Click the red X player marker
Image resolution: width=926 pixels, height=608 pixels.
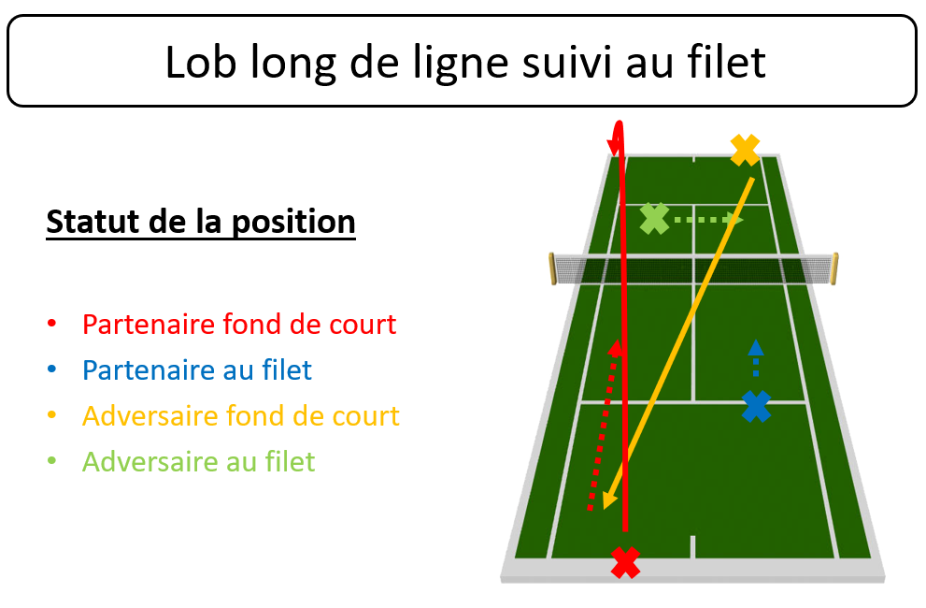(x=625, y=562)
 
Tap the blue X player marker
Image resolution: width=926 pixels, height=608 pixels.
(x=757, y=406)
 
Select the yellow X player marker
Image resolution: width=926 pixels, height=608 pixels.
(x=746, y=151)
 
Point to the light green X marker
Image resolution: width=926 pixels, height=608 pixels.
(x=655, y=219)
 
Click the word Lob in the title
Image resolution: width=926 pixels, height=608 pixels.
(x=201, y=62)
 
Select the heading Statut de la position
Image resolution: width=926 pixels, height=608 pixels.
(x=201, y=223)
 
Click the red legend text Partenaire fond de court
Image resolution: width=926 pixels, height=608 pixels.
(x=239, y=324)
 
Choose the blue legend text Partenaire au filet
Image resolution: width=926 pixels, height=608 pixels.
(x=196, y=370)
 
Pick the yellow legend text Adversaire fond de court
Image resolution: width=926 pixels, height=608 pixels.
(x=241, y=416)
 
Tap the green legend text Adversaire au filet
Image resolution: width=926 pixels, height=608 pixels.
(x=198, y=462)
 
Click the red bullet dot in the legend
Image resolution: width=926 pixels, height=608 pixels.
(x=52, y=323)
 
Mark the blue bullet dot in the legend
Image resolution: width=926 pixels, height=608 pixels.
(x=52, y=369)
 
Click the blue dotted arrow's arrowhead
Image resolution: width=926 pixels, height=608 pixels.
(x=756, y=347)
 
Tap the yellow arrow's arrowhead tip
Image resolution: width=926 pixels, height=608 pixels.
(x=605, y=509)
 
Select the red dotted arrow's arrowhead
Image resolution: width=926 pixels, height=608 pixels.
(x=616, y=348)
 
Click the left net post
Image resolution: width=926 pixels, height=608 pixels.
(x=553, y=268)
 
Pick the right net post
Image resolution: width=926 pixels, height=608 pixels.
(x=834, y=268)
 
